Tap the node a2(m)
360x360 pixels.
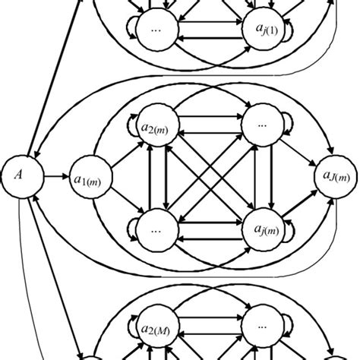tap(155, 127)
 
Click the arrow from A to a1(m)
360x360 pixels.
tap(54, 177)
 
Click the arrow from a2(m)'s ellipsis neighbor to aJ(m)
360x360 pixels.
tap(302, 152)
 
